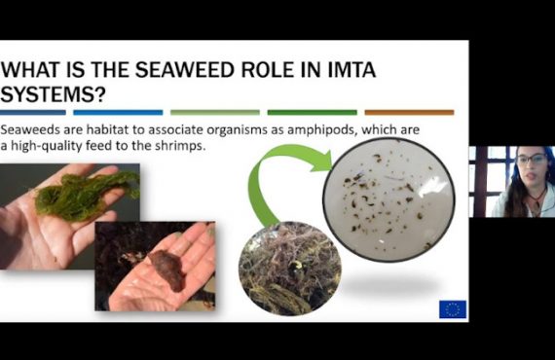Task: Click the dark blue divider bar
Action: (x=33, y=112)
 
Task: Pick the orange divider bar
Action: (x=409, y=112)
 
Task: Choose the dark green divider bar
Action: (x=312, y=112)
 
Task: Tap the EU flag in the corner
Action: (x=452, y=308)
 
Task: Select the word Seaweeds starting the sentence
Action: (x=30, y=129)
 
